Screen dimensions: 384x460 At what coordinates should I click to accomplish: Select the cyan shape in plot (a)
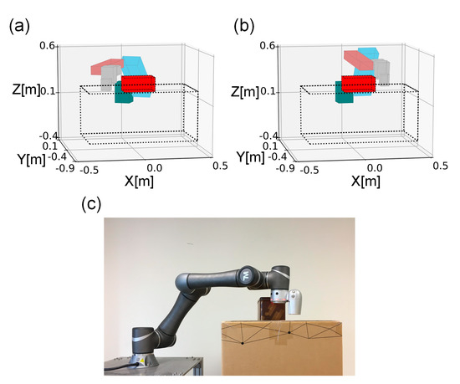137,67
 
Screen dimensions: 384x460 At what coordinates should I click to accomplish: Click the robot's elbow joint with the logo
246,274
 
